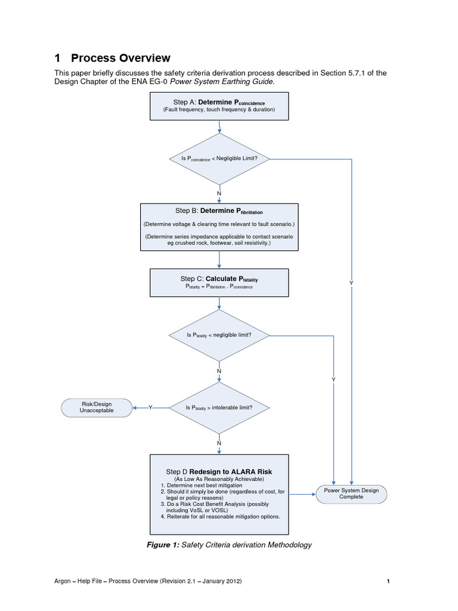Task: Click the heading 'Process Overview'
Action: [x=120, y=58]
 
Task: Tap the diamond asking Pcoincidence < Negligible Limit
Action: [x=219, y=159]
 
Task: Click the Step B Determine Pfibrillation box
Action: [x=219, y=227]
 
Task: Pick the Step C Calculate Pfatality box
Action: [x=219, y=282]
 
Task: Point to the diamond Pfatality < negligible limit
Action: [x=219, y=335]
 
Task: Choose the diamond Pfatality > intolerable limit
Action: [x=219, y=408]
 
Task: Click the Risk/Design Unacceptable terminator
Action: [x=97, y=408]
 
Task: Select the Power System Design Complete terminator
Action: [x=351, y=493]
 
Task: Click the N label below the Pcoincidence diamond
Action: [x=219, y=194]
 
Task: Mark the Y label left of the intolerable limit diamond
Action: [x=150, y=408]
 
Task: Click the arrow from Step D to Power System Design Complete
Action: [x=302, y=493]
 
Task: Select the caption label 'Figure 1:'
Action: [x=163, y=545]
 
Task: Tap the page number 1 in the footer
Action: [x=388, y=581]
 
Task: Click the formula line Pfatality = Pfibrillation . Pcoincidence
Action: [x=219, y=287]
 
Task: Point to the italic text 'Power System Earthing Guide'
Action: [x=225, y=81]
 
